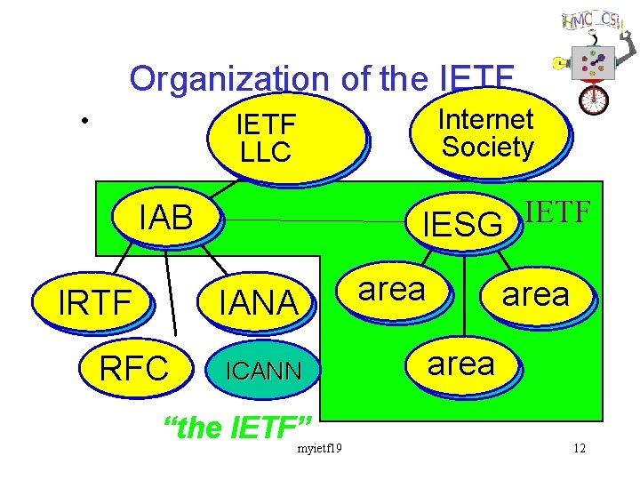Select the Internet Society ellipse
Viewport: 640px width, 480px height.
coord(488,133)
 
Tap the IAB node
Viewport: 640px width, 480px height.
coord(166,218)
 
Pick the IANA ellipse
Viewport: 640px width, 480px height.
coord(260,303)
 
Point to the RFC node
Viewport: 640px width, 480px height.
coord(134,366)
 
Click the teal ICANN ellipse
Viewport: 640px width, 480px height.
coord(261,369)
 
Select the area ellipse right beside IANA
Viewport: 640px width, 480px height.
coord(391,290)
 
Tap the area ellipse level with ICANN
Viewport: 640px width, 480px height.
coord(461,364)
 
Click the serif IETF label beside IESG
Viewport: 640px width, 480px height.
coord(558,212)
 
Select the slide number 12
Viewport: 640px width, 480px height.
coord(580,447)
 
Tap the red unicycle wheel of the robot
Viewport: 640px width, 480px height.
coord(594,99)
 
